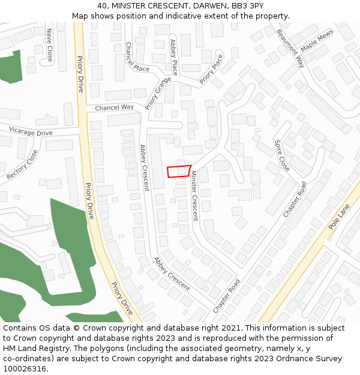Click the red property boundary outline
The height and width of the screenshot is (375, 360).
pos(179,171)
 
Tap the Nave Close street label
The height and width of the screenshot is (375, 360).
pos(50,45)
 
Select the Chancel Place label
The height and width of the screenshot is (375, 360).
pos(137,57)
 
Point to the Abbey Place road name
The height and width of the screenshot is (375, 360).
pos(174,53)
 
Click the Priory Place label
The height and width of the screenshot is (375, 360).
pos(211,68)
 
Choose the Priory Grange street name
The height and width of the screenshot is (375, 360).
pos(154,93)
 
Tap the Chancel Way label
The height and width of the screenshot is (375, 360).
pos(115,107)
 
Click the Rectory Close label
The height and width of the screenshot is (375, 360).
pos(22,165)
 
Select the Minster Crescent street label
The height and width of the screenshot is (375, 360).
pos(194,196)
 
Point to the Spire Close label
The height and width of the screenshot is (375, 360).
pos(282,155)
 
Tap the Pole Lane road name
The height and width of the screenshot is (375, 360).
pos(339,218)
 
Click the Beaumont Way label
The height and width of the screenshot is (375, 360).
pos(291,47)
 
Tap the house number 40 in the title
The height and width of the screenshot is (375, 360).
pos(102,5)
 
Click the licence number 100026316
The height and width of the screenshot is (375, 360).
pos(25,368)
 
